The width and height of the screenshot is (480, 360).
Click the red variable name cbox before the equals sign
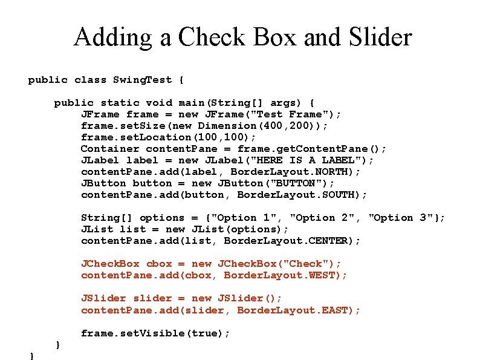(159, 264)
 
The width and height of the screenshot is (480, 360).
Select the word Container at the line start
(110, 149)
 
